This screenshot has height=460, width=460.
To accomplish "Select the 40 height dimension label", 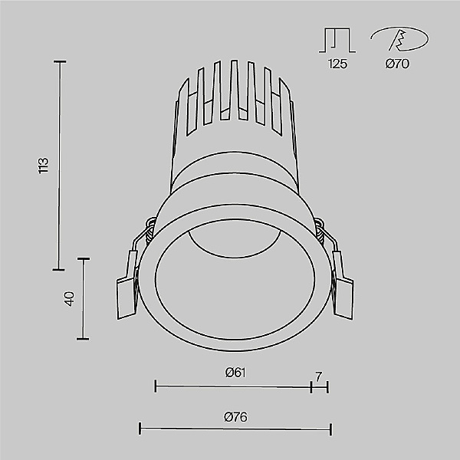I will [69, 298].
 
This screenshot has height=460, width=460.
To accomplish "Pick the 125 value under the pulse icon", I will [337, 64].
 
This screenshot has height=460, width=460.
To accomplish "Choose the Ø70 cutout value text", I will [396, 64].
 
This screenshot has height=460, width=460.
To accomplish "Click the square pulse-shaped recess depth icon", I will [337, 39].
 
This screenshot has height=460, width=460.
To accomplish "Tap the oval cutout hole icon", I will [396, 39].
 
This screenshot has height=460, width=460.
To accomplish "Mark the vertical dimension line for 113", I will [59, 165].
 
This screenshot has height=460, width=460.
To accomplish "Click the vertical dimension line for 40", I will [84, 298].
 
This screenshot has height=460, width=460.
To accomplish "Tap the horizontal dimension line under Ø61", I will [233, 386].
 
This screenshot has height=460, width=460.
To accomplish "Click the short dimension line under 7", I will [320, 386].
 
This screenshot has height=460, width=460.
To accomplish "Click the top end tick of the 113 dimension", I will [59, 61].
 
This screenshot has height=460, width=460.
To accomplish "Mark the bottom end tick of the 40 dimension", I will [84, 339].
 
